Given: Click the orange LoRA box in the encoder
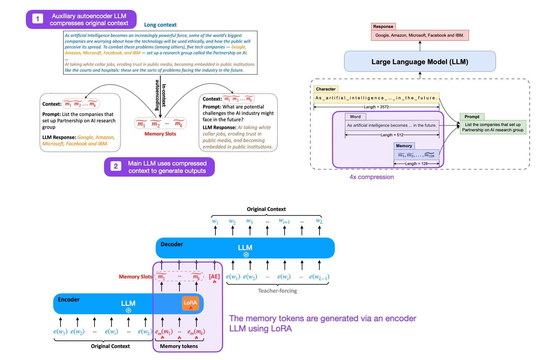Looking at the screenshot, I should click(x=190, y=303).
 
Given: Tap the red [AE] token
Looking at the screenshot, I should click(x=214, y=277).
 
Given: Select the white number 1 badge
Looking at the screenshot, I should click(x=38, y=19).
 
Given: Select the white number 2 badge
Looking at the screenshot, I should click(x=116, y=166).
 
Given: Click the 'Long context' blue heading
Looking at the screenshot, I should click(x=160, y=25).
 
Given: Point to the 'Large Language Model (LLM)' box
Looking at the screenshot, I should click(x=420, y=62).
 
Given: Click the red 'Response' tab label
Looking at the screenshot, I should click(x=383, y=26).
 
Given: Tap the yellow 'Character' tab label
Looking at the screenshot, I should click(x=326, y=89).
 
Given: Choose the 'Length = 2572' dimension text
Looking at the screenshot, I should click(x=376, y=107).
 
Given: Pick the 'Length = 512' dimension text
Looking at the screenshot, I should click(x=392, y=135).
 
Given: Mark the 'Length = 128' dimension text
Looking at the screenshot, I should click(x=416, y=164).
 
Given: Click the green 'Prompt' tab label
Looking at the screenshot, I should click(x=472, y=117).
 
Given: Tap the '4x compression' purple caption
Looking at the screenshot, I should click(x=371, y=177).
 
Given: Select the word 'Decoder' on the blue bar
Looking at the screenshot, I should click(x=172, y=244).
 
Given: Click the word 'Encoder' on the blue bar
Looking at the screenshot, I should click(x=69, y=300).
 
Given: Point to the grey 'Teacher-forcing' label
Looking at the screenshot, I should click(x=277, y=291).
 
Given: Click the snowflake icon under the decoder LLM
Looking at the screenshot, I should click(x=246, y=255).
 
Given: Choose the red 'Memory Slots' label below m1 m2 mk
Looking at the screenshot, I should click(x=160, y=134).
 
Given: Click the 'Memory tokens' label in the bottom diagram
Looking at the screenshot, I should click(x=179, y=346).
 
